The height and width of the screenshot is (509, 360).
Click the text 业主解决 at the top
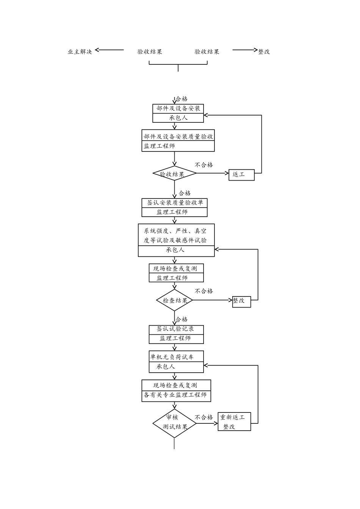(x=80, y=52)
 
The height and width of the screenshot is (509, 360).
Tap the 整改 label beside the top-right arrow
(x=264, y=52)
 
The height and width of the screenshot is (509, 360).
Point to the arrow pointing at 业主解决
(x=110, y=50)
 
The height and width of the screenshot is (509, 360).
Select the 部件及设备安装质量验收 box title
(x=178, y=136)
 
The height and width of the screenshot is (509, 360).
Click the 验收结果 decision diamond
(x=174, y=174)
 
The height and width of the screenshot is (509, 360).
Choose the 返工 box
(x=241, y=175)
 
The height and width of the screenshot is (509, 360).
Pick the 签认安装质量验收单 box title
(x=175, y=203)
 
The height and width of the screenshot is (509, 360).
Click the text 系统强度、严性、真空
(x=175, y=231)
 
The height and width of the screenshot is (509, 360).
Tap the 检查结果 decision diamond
(x=175, y=300)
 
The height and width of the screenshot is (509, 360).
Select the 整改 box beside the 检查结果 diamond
(x=241, y=301)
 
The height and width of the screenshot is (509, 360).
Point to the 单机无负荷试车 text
(x=172, y=357)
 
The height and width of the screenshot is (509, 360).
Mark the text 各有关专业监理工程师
(x=175, y=395)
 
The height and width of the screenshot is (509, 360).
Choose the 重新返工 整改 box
(x=234, y=422)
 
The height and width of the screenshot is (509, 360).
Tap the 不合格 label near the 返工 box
(x=204, y=165)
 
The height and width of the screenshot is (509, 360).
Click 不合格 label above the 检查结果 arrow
(x=204, y=291)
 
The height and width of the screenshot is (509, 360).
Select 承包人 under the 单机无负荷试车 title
(x=166, y=366)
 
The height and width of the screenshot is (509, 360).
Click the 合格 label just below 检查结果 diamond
(x=182, y=319)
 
